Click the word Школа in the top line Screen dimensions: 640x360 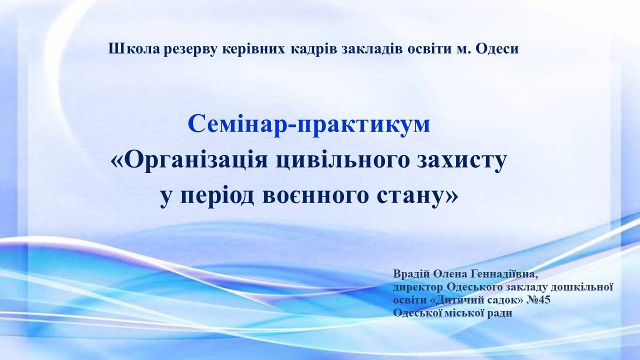click(x=134, y=49)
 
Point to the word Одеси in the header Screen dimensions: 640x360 click(x=497, y=49)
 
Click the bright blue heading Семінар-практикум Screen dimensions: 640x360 click(x=309, y=124)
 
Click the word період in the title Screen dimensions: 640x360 click(x=217, y=197)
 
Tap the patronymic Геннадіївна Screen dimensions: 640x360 click(x=503, y=274)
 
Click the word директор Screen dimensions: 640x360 click(x=417, y=287)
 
